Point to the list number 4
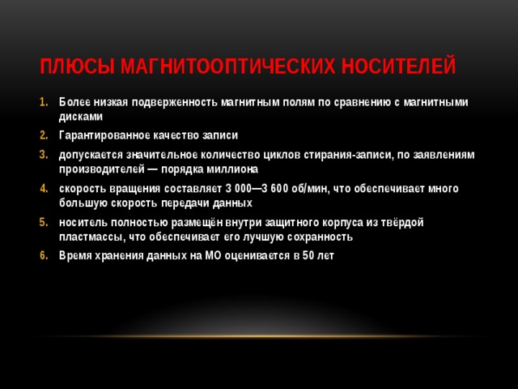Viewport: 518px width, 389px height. [x=45, y=188]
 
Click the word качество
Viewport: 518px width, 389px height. [x=179, y=135]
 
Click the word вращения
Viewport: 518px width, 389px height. [x=131, y=188]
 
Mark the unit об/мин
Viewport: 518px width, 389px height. [x=309, y=188]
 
